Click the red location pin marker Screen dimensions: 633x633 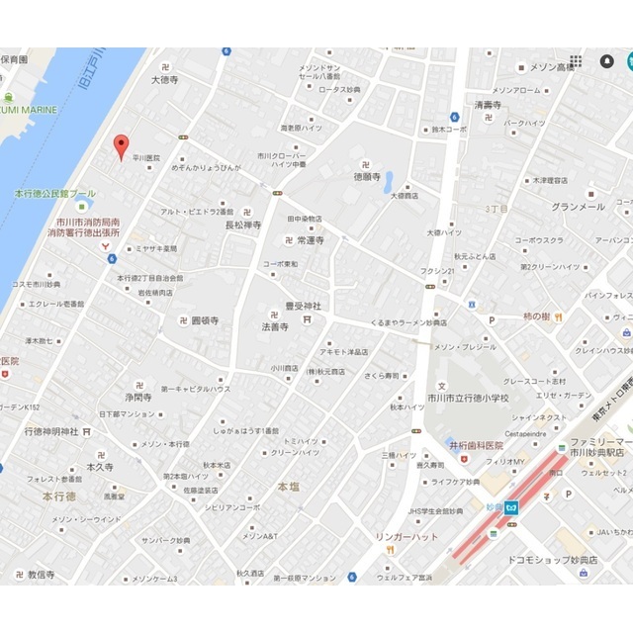[x=122, y=146]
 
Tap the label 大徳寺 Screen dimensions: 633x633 [x=161, y=80]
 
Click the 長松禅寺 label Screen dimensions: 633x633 [x=243, y=226]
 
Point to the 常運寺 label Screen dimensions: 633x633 [x=308, y=240]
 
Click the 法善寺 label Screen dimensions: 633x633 [x=274, y=325]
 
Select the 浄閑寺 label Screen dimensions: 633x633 [x=138, y=398]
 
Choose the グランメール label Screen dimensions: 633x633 [x=579, y=207]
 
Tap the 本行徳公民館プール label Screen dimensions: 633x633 [x=56, y=194]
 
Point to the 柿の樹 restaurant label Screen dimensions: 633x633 [x=534, y=316]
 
